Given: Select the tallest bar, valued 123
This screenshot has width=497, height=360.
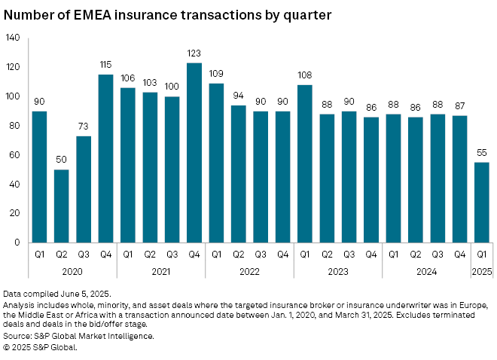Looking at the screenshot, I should click(x=194, y=152).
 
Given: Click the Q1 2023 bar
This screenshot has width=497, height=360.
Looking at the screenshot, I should click(x=304, y=163).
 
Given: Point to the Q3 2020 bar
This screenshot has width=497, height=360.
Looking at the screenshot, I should click(x=84, y=189).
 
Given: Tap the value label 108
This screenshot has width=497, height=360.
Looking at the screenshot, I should click(x=304, y=76).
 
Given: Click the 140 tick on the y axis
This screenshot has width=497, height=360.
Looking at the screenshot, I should click(x=14, y=38).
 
